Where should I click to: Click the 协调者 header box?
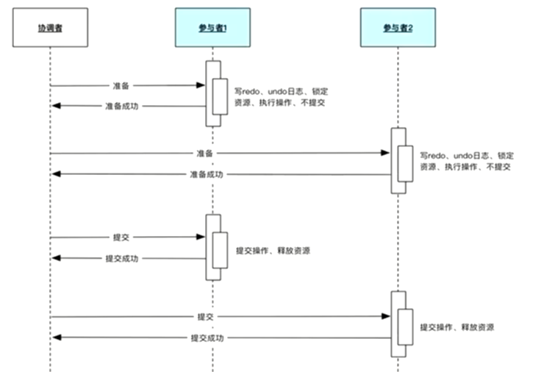(x=50, y=27)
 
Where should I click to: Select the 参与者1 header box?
(x=212, y=27)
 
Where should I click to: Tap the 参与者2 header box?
(x=398, y=27)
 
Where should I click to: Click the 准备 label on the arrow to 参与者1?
(x=121, y=86)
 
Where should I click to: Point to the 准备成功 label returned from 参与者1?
(x=121, y=107)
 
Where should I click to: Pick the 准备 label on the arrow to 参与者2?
(x=204, y=154)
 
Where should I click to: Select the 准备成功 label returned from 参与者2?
(x=206, y=175)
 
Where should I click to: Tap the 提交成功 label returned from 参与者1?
(x=121, y=259)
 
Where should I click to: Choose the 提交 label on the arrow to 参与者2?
(x=205, y=317)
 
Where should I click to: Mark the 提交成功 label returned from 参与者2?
(x=206, y=338)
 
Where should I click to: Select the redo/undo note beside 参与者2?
(x=466, y=162)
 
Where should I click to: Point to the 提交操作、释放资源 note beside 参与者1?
(x=273, y=251)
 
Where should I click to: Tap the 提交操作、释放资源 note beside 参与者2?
(x=457, y=326)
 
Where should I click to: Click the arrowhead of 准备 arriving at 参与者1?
(x=201, y=86)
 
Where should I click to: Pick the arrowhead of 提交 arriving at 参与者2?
(x=386, y=317)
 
